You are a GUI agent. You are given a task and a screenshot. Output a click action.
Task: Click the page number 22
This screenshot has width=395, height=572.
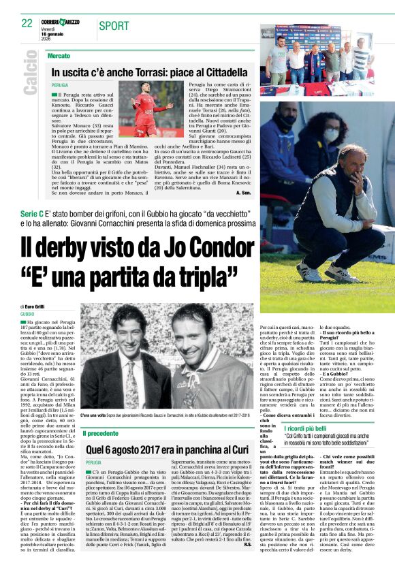[x=27, y=22]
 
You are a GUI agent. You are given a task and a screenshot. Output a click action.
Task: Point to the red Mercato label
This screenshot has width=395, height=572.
[x=59, y=54]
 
